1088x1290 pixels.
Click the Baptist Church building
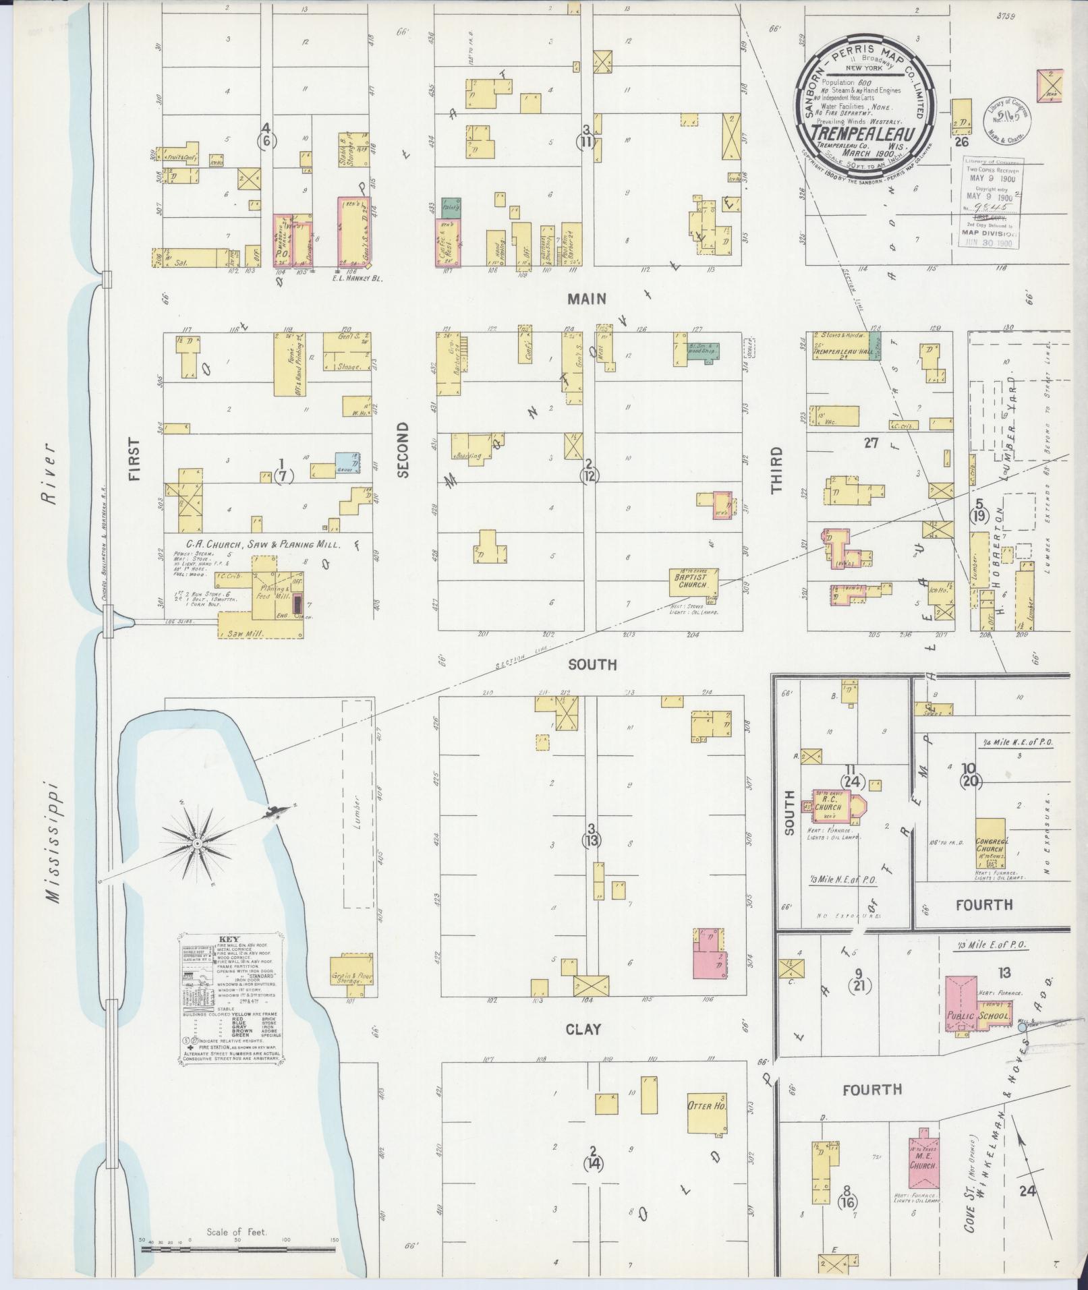pyautogui.click(x=692, y=581)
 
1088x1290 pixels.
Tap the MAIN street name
pyautogui.click(x=586, y=299)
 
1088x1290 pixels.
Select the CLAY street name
pyautogui.click(x=583, y=1049)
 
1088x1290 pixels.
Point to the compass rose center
pyautogui.click(x=196, y=844)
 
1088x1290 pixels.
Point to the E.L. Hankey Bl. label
pyautogui.click(x=357, y=277)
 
